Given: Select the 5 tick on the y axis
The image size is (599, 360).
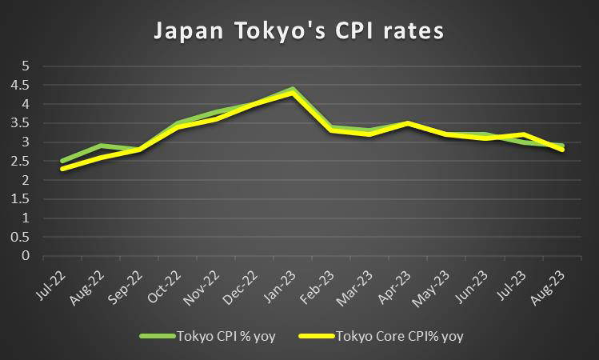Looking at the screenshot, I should point(26,66).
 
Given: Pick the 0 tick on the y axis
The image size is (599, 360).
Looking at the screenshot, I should point(26,256).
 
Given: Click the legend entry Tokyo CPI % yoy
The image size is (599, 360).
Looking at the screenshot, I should point(227,337).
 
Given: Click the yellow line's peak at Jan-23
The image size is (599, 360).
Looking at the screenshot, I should point(293,93).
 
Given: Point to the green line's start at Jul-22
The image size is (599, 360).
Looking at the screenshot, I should point(62,161).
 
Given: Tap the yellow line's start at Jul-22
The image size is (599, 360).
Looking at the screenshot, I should point(62,169).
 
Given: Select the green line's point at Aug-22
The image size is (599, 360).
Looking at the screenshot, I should point(101,146).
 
